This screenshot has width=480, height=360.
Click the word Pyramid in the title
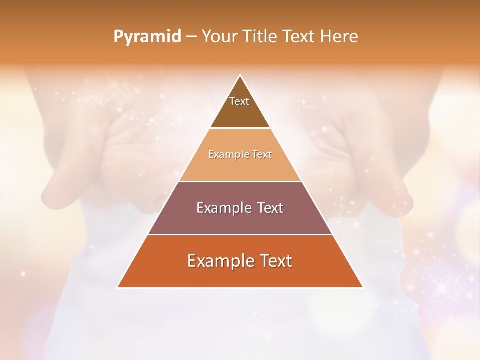147,37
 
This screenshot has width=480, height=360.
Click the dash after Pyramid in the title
191,37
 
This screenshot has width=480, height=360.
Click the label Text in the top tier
239,101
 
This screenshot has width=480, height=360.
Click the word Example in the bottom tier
218,261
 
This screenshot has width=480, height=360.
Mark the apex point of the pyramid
240,75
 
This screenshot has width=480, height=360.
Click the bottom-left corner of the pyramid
117,287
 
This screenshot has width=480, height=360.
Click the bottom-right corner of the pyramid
362,287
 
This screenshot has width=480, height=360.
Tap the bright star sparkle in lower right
442,288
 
